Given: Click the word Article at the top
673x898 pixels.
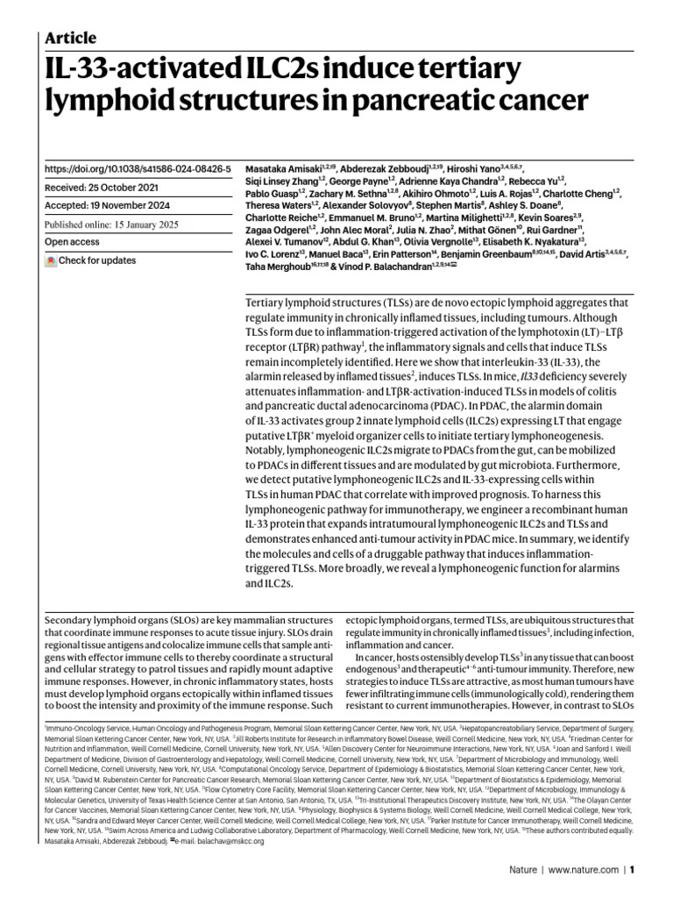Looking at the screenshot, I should (70, 38).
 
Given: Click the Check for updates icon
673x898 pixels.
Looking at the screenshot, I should (51, 260).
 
